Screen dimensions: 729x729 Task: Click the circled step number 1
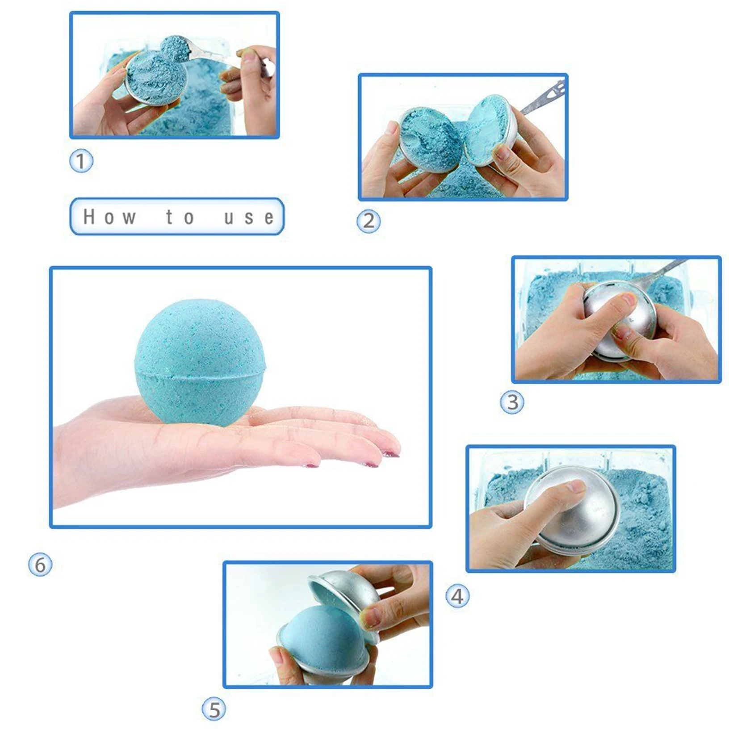pos(81,161)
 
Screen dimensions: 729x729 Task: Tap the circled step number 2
pos(369,221)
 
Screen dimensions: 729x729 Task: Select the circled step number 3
pos(512,402)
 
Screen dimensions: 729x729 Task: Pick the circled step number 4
pos(457,596)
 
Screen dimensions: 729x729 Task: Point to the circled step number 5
pos(214,709)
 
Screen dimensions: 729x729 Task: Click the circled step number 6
pos(40,565)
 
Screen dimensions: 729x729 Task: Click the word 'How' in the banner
pos(109,217)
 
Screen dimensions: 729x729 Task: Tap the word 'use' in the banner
pos(249,218)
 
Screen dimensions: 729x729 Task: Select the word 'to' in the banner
pos(180,217)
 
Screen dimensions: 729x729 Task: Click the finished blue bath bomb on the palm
pos(200,362)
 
